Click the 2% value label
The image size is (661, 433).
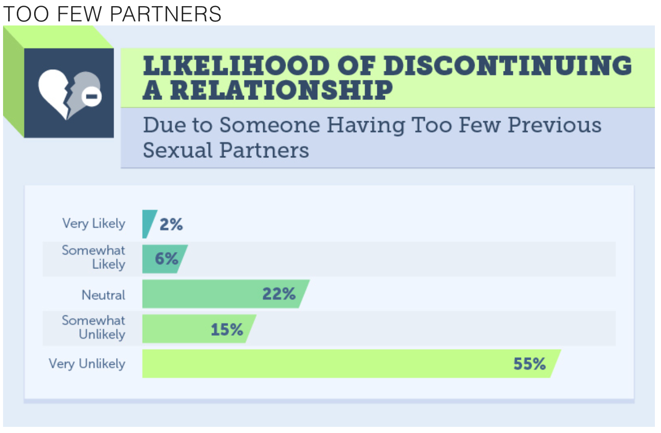(x=171, y=224)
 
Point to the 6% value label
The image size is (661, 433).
(x=167, y=259)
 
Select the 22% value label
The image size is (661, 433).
(x=279, y=294)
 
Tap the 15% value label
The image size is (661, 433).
(x=227, y=329)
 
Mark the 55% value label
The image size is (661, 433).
(x=530, y=364)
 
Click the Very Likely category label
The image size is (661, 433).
(x=94, y=224)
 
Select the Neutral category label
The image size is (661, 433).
(x=103, y=294)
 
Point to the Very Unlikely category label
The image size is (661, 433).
(x=87, y=364)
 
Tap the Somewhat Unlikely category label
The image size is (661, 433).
(x=94, y=328)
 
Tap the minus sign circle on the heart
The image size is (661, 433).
(x=91, y=97)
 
